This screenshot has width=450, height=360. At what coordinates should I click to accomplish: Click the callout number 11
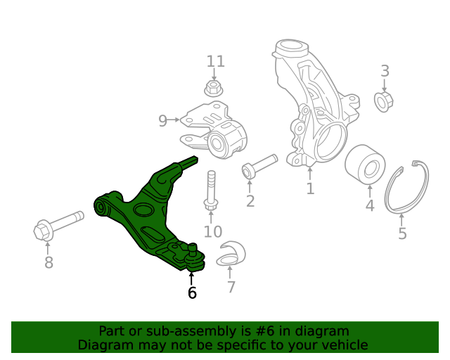(215, 61)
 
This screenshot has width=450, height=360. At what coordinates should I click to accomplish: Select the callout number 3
(385, 70)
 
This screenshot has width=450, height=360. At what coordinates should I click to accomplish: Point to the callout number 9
(162, 121)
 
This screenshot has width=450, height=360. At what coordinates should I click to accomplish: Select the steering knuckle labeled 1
(310, 105)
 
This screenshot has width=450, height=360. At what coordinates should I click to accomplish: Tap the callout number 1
(310, 188)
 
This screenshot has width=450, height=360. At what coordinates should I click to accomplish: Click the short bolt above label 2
(259, 166)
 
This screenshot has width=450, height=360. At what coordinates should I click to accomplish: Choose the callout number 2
(250, 202)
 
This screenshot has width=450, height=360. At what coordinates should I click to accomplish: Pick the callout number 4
(370, 206)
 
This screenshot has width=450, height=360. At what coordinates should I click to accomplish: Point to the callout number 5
(402, 233)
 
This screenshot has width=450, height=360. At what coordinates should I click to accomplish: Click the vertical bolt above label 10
(210, 190)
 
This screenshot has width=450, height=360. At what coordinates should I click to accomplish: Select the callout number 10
(212, 231)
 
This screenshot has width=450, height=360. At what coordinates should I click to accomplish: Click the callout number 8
(48, 263)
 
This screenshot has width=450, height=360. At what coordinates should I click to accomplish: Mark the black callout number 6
(192, 292)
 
